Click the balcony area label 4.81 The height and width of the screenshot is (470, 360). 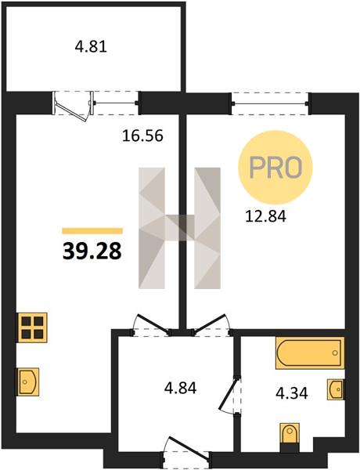pyautogui.click(x=91, y=47)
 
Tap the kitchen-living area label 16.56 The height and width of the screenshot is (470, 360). pyautogui.click(x=142, y=136)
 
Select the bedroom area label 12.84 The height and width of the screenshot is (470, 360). pyautogui.click(x=265, y=216)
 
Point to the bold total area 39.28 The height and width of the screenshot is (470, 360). pyautogui.click(x=92, y=251)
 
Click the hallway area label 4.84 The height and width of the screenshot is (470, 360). pyautogui.click(x=180, y=389)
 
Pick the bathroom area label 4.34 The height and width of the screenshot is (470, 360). pyautogui.click(x=291, y=393)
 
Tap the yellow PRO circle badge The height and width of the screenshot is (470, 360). pyautogui.click(x=275, y=168)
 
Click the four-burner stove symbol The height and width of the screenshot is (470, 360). pyautogui.click(x=33, y=327)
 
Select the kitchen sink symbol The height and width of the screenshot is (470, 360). pyautogui.click(x=27, y=381)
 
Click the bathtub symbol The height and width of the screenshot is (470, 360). pyautogui.click(x=310, y=352)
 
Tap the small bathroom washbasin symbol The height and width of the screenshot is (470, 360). pyautogui.click(x=336, y=389)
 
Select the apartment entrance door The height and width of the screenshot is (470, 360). pyautogui.click(x=189, y=448)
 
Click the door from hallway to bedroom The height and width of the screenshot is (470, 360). pyautogui.click(x=211, y=323)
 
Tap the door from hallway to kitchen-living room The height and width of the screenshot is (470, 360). pyautogui.click(x=152, y=323)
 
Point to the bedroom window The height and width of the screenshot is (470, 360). pyautogui.click(x=271, y=103)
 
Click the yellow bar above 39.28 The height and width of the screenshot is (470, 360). pyautogui.click(x=92, y=231)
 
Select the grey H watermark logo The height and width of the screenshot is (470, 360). pyautogui.click(x=179, y=228)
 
